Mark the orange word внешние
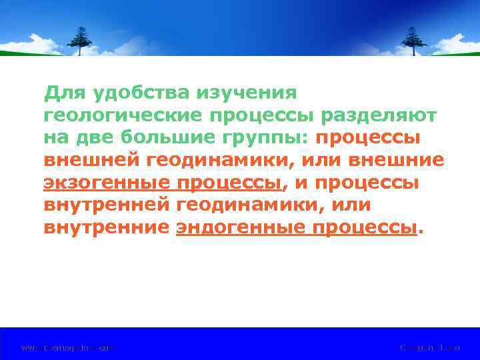pyautogui.click(x=398, y=160)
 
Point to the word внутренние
pyautogui.click(x=106, y=228)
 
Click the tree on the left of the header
pyautogui.click(x=81, y=41)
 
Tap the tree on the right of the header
pyautogui.click(x=413, y=41)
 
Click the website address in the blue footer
pyautogui.click(x=68, y=347)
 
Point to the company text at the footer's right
pyautogui.click(x=429, y=347)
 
